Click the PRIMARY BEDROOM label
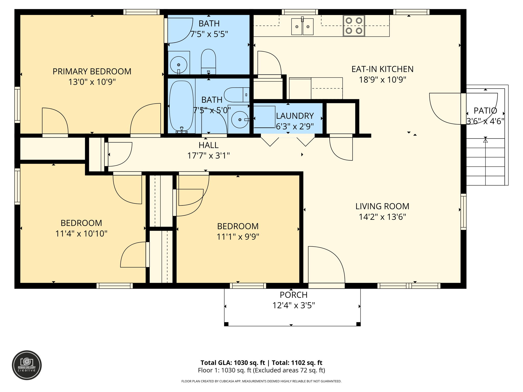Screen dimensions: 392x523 coord(92,71)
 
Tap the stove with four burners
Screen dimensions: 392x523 coord(354,26)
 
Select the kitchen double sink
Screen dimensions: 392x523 coord(302,27)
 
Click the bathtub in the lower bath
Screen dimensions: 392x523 coord(182,106)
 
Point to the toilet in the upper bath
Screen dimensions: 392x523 coord(208,61)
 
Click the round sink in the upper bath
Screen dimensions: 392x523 coord(179,65)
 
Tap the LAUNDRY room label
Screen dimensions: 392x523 coord(295,116)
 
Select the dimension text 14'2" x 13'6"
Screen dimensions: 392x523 coord(382,217)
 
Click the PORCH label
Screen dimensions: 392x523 coord(293,295)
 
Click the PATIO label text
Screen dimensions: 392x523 coord(485,111)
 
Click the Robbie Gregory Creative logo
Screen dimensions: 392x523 coord(27,365)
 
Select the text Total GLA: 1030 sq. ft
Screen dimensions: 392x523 coord(233,363)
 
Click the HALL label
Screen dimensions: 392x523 coord(208,145)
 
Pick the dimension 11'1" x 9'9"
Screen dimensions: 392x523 coord(238,237)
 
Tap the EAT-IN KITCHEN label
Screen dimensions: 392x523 coord(382,69)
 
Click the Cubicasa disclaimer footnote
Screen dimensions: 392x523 coord(261,381)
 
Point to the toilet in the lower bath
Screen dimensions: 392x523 coord(236,95)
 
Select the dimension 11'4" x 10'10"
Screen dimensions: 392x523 coord(81,234)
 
